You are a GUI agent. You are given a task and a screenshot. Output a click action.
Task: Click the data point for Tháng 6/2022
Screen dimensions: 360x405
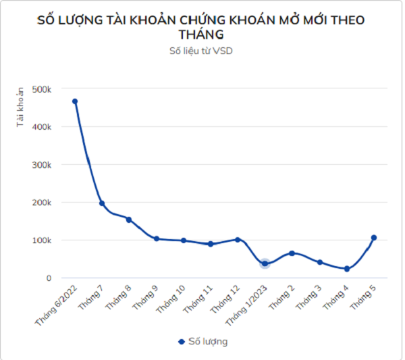[75, 101]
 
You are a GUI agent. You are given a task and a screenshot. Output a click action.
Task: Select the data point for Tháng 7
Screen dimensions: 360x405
[102, 203]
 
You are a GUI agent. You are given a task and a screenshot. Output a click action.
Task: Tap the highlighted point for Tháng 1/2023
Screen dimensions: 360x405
[265, 263]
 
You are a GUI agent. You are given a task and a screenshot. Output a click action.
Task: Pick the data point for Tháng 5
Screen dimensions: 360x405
[373, 238]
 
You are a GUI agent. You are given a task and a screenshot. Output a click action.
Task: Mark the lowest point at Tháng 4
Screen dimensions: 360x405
[346, 269]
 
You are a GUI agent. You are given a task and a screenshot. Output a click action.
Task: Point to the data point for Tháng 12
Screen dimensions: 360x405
[238, 239]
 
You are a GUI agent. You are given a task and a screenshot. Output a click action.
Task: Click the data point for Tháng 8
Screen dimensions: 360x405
[129, 220]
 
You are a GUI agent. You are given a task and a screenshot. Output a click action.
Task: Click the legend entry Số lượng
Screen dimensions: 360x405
[202, 341]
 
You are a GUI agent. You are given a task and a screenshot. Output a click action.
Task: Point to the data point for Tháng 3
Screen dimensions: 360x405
[319, 262]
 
